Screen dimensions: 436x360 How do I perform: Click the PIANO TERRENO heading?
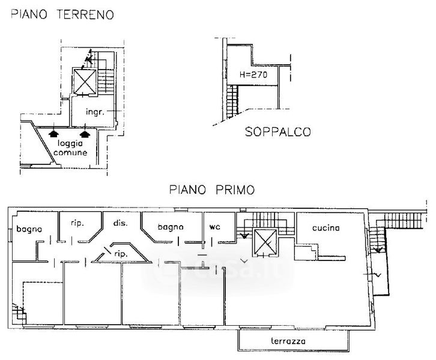point(62,14)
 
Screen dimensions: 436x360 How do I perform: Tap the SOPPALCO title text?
point(277,131)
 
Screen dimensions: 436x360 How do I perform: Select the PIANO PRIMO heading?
point(212,190)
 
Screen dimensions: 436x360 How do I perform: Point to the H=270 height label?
point(253,74)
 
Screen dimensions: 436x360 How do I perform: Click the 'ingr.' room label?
point(95,112)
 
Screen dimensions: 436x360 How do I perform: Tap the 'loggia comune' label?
point(70,148)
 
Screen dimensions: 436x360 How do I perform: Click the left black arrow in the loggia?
point(53,134)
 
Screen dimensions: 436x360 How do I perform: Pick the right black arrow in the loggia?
point(85,134)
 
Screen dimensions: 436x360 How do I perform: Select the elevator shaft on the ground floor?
point(85,82)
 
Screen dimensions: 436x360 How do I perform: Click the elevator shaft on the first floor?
point(265,242)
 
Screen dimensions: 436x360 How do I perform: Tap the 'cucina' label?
point(326,228)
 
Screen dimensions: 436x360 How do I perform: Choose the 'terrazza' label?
point(288,341)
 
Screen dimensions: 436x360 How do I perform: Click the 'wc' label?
point(214,227)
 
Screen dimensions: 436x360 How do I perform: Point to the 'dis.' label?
point(120,223)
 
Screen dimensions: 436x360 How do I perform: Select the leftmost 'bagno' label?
point(29,229)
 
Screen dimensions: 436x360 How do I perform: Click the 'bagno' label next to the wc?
point(171,227)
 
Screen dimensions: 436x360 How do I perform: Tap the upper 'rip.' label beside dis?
point(77,223)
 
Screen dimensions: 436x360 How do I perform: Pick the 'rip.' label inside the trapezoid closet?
point(121,254)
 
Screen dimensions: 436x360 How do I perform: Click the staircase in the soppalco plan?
point(232,101)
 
